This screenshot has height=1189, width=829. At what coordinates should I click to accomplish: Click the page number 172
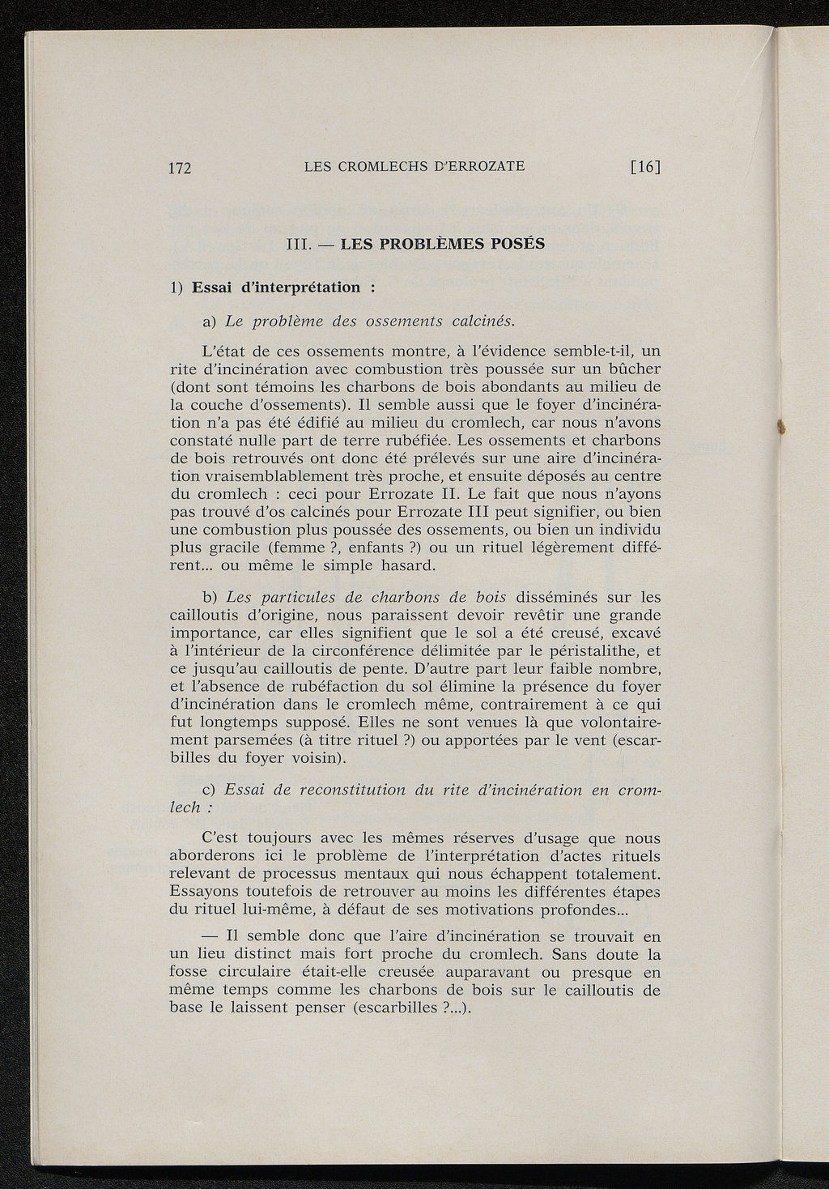click(x=179, y=168)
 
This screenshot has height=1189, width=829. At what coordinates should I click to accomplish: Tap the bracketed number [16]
click(x=645, y=167)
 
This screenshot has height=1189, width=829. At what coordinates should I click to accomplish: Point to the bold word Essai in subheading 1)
click(x=213, y=288)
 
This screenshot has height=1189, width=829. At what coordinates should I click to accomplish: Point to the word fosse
click(x=188, y=972)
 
